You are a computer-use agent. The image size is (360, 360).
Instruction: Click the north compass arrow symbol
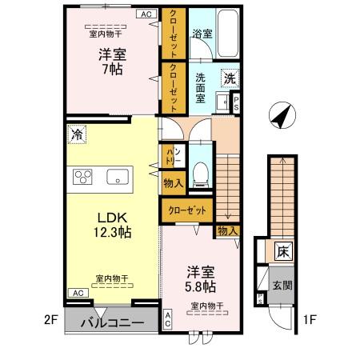280,116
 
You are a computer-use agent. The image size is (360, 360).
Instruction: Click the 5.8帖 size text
200,285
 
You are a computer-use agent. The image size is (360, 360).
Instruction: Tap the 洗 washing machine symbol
229,78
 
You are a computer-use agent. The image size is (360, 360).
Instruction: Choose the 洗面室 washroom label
202,86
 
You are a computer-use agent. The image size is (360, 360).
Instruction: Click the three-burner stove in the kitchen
84,177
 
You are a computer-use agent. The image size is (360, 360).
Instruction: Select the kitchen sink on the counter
118,178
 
